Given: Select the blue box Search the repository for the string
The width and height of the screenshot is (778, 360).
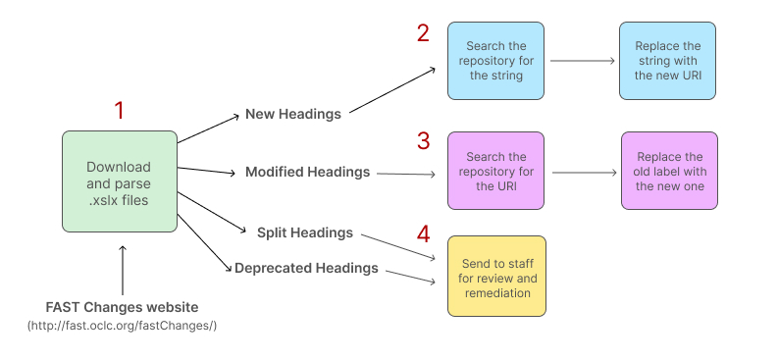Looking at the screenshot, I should (x=496, y=61).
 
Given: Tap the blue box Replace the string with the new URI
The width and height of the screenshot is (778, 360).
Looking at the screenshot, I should (x=667, y=61).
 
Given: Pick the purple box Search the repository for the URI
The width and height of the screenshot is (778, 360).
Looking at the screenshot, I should (x=496, y=171).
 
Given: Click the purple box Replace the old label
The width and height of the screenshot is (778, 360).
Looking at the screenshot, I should (x=669, y=171).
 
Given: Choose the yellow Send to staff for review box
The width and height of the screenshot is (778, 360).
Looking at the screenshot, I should (x=496, y=276).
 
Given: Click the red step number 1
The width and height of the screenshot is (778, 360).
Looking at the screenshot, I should (x=120, y=111).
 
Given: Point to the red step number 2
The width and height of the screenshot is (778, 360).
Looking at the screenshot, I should (x=423, y=33).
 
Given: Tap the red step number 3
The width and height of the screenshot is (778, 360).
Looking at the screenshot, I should (x=423, y=141).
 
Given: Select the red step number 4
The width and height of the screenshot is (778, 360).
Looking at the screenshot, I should (x=423, y=234).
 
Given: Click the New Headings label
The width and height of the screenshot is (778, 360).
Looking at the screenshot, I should (x=292, y=114).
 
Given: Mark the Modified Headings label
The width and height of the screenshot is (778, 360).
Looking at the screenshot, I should (x=307, y=172).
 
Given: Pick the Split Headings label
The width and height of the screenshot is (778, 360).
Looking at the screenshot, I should (x=304, y=232).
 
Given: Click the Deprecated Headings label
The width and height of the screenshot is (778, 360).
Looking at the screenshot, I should (x=306, y=268).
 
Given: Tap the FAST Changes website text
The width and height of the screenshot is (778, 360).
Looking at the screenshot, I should (x=122, y=306).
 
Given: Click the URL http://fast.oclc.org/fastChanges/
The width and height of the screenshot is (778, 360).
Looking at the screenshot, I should (x=122, y=325).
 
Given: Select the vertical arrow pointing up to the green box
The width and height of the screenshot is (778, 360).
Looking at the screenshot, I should (x=122, y=270).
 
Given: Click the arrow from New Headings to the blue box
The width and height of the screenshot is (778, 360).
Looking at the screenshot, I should (x=392, y=91).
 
